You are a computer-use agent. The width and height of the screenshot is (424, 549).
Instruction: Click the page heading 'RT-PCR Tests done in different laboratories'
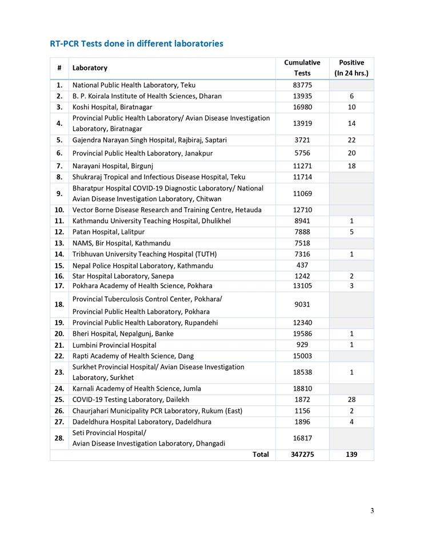[137, 43]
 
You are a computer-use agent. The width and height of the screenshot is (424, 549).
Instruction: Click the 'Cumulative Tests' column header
[302, 67]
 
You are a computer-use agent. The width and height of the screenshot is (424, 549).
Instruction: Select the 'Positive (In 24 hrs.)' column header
[351, 67]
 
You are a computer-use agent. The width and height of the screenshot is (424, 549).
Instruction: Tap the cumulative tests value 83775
[302, 85]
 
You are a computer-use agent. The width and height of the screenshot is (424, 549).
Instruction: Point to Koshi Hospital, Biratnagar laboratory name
[112, 107]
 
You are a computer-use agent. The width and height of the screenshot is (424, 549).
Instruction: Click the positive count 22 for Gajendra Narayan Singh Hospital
[351, 140]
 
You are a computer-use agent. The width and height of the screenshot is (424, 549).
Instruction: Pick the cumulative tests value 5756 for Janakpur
[302, 153]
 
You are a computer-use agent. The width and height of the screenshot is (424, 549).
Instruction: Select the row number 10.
[59, 210]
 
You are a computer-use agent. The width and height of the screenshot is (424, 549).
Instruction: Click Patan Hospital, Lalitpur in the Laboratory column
[108, 232]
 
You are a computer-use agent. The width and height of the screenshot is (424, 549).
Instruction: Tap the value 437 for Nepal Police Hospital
[302, 265]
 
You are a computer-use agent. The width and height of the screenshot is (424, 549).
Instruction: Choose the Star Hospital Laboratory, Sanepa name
[123, 276]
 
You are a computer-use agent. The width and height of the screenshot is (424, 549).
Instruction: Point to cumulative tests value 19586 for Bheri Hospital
[302, 334]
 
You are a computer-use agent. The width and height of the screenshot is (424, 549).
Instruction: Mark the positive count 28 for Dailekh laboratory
[351, 400]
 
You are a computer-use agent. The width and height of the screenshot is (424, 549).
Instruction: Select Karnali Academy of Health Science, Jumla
[137, 389]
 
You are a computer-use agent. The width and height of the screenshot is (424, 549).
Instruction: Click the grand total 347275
[302, 455]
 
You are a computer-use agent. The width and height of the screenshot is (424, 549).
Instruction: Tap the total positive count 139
[351, 455]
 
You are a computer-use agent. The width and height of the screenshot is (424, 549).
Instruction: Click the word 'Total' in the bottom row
[261, 455]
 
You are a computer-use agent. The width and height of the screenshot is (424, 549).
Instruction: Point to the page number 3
[372, 511]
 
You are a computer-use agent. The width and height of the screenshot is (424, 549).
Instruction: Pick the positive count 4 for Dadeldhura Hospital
[351, 422]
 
